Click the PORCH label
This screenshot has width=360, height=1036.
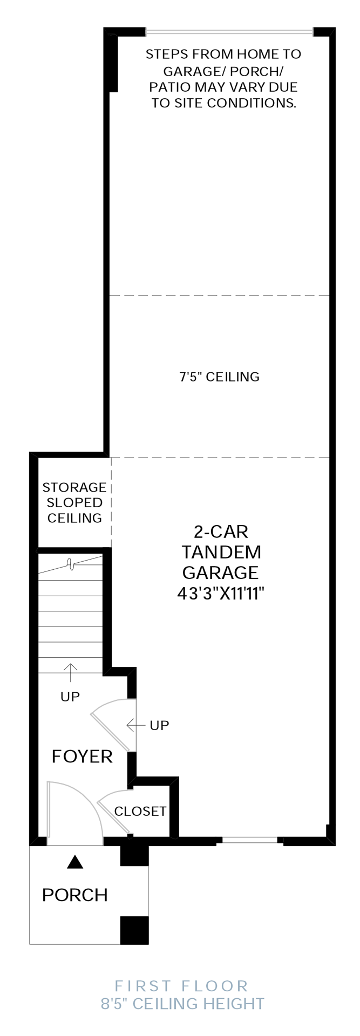click(x=75, y=895)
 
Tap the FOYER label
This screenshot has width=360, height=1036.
click(x=82, y=756)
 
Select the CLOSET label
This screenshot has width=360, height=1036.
click(x=140, y=812)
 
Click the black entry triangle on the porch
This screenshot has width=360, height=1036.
click(x=75, y=862)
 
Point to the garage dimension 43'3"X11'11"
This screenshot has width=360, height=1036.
click(x=220, y=594)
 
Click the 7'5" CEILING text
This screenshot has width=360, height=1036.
click(x=220, y=377)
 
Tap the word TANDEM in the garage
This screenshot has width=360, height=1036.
click(x=221, y=552)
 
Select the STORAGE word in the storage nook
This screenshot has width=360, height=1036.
click(x=74, y=487)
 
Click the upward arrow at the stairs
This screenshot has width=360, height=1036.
click(x=70, y=672)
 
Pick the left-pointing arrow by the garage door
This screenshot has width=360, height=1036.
click(x=136, y=725)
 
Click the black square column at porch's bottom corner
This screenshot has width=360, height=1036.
click(x=134, y=930)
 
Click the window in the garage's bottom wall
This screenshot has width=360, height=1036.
click(x=250, y=840)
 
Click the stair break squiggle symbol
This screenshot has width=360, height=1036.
click(x=70, y=564)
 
